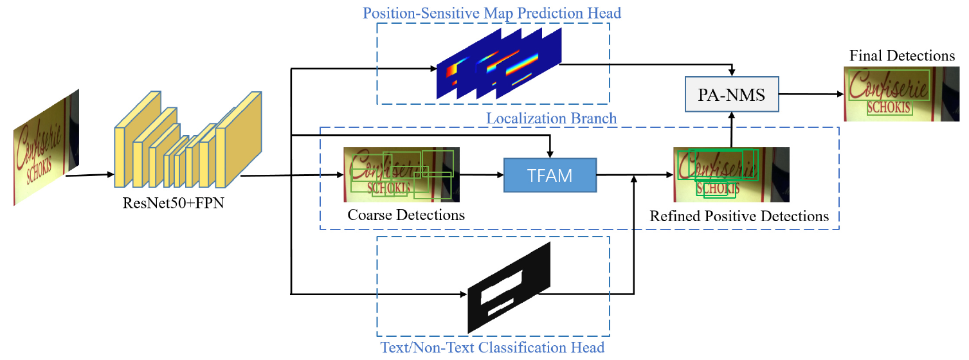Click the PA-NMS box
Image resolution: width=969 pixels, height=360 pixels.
732,96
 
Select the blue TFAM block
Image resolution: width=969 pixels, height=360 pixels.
550,174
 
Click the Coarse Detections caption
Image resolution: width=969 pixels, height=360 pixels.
406,215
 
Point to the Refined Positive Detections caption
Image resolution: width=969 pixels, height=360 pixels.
739,216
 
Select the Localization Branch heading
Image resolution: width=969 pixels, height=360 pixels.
551,118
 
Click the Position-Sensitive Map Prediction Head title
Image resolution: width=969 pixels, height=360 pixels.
492,13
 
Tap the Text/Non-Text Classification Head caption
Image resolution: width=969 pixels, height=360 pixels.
492,348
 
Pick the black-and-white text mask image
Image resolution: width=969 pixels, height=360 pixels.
509,287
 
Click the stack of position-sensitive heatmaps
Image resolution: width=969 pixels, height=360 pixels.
499,65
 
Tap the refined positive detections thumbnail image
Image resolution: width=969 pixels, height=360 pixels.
730,174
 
